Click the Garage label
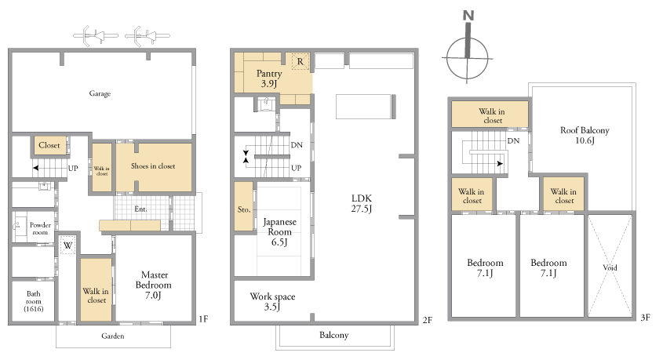100,93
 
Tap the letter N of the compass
468,16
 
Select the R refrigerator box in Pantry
301,62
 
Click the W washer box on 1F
67,245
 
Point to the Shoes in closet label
153,166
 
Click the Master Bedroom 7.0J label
154,285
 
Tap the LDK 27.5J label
362,203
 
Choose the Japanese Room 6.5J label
279,232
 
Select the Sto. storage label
244,209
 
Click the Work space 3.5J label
272,301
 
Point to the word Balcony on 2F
334,335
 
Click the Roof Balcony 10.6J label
585,135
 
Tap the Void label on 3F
610,267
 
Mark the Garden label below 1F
113,336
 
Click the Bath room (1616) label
34,301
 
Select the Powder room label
40,228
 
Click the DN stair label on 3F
513,140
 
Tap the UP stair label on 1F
73,168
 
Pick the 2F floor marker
428,320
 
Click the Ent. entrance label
140,209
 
